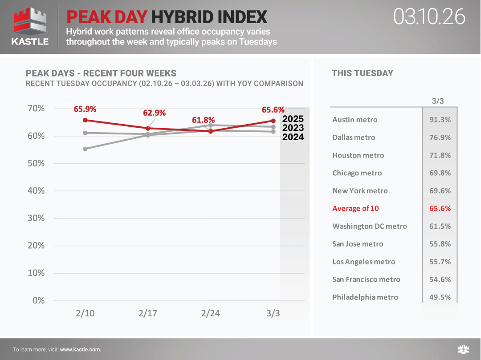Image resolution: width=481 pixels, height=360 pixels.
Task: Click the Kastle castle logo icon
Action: tap(30, 21)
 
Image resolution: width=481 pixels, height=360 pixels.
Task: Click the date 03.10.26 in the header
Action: tap(429, 16)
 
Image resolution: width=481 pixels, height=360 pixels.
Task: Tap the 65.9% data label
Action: tap(85, 109)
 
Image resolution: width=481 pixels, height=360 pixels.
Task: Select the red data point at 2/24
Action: tap(211, 131)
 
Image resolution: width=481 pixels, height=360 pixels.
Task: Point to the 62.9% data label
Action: tap(154, 113)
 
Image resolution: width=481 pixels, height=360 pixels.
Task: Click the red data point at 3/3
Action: tap(273, 121)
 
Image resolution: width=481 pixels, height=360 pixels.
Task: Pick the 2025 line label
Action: tap(293, 119)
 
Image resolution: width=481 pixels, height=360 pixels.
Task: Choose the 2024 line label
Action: tap(293, 137)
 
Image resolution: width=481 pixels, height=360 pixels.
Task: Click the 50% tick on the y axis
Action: tap(36, 163)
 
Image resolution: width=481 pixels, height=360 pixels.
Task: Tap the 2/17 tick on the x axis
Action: tap(148, 313)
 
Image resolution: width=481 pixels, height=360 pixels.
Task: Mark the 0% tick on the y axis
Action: tap(38, 300)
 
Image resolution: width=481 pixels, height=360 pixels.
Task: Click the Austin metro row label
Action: tap(355, 120)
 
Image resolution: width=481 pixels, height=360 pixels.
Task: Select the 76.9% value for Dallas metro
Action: tap(440, 138)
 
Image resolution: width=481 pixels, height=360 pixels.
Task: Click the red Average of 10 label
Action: tap(355, 208)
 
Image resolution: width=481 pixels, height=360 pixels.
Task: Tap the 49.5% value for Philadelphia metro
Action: tap(440, 297)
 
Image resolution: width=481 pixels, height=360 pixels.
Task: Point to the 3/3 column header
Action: tap(438, 101)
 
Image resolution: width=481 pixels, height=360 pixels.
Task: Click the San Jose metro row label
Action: tap(358, 244)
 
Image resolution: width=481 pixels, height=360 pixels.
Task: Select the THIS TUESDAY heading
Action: tap(362, 73)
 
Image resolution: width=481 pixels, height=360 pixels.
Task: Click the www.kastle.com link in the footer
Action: tap(81, 349)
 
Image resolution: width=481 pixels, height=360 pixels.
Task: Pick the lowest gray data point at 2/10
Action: tap(85, 149)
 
